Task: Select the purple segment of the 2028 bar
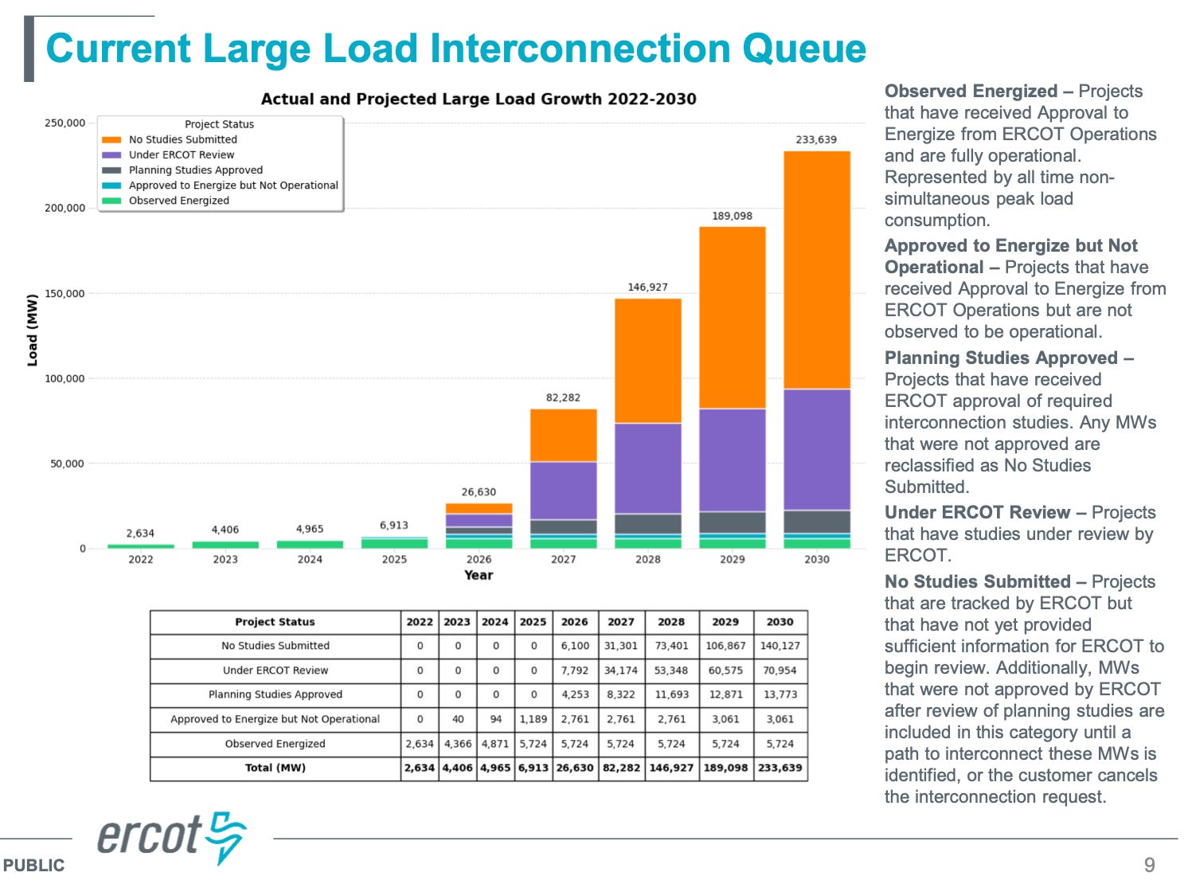point(647,467)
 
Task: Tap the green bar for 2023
point(225,545)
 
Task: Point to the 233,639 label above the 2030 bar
point(816,139)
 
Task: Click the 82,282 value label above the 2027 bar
point(563,397)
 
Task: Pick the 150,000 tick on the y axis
point(64,293)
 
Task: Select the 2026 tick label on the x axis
point(479,559)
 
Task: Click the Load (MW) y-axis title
point(33,331)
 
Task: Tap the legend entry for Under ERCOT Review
point(182,155)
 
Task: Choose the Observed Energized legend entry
point(178,201)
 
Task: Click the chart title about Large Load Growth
point(479,99)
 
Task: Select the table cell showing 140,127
point(780,646)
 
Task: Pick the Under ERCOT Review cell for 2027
point(620,671)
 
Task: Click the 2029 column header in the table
point(725,622)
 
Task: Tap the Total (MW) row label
point(275,768)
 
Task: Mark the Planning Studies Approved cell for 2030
point(780,694)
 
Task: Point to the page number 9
point(1149,865)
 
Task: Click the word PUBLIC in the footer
point(33,866)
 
